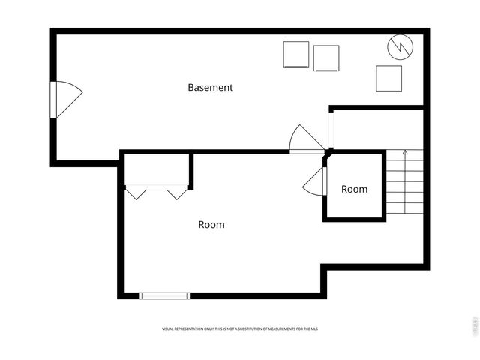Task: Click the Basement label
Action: (210, 87)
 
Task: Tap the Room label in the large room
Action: (211, 224)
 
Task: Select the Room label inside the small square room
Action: (354, 189)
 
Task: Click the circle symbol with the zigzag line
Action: (400, 47)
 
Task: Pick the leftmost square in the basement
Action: (296, 54)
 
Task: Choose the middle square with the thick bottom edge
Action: (326, 58)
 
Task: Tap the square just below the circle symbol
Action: (388, 78)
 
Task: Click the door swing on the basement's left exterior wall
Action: (66, 99)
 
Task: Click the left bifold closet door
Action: (136, 193)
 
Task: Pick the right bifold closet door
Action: (176, 193)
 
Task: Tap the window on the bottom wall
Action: (165, 295)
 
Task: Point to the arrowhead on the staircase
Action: (405, 152)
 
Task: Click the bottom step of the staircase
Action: (405, 208)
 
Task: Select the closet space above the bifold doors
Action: (156, 169)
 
